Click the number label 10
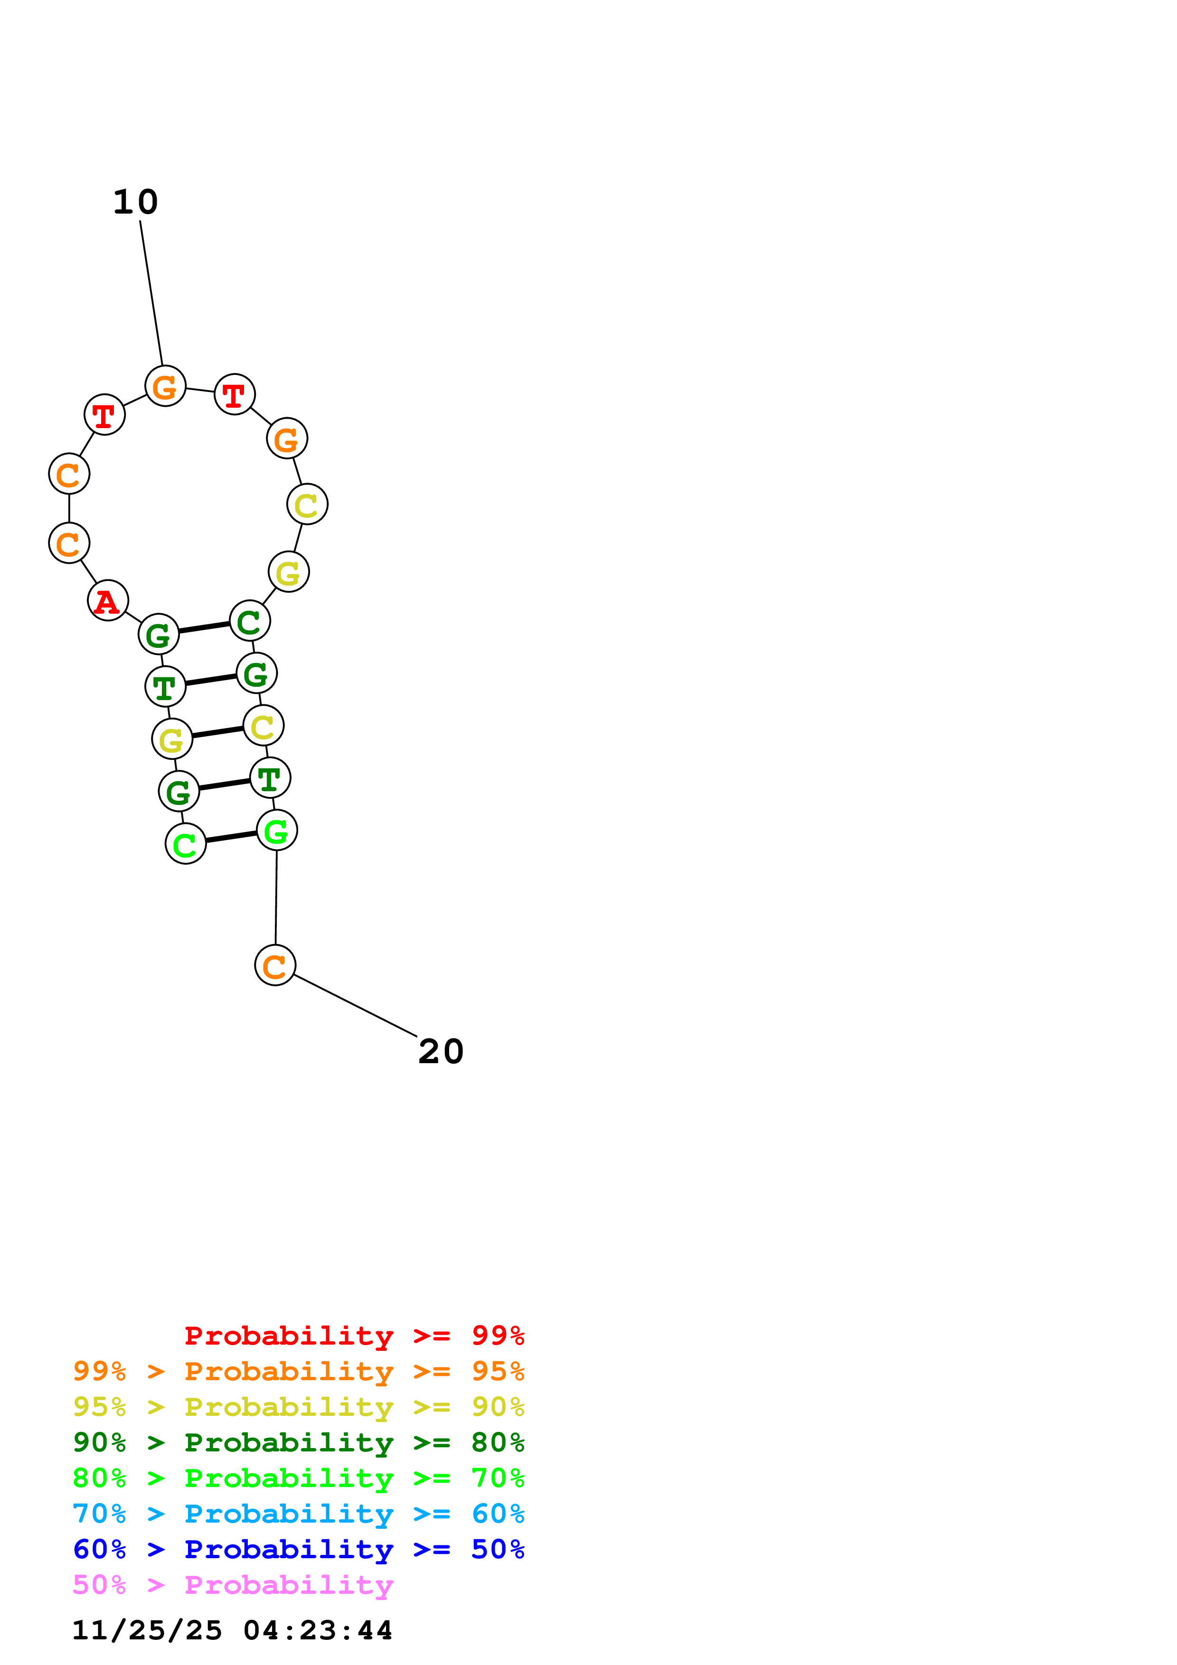click(136, 202)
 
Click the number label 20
click(441, 1052)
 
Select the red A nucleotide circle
click(108, 600)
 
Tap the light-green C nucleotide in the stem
click(186, 844)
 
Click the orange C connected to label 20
click(275, 965)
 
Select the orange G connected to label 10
click(165, 386)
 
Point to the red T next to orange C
click(104, 415)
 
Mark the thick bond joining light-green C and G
click(231, 838)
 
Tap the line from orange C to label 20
click(355, 1006)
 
